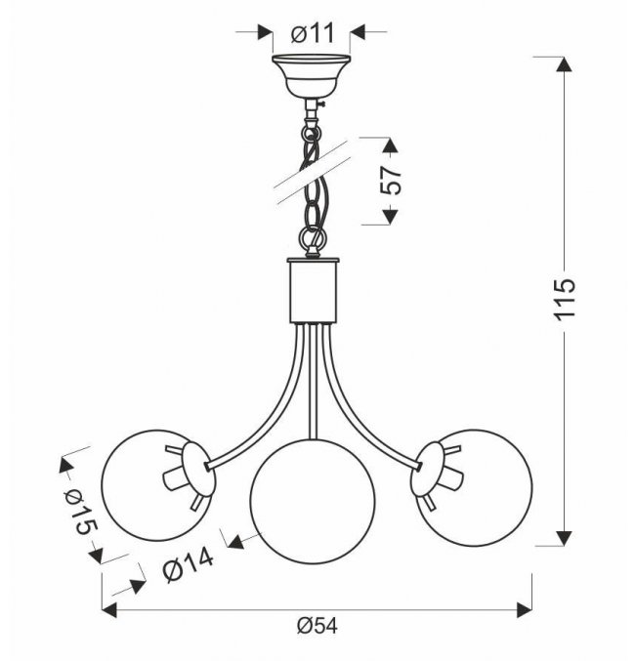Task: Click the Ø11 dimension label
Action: [313, 33]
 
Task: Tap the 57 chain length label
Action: [391, 181]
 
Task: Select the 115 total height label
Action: [565, 300]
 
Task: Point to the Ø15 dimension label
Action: [80, 513]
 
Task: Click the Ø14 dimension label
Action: [189, 565]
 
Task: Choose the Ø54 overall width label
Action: [317, 626]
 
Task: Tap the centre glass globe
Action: [313, 501]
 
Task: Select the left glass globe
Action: [158, 485]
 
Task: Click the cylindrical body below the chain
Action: [313, 290]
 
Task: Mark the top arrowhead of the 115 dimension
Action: [564, 64]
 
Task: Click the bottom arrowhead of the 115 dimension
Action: [564, 538]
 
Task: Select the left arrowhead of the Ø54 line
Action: [109, 610]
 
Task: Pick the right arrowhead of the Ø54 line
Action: [525, 610]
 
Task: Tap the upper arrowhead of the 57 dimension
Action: [390, 145]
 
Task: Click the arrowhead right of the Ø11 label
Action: [358, 32]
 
